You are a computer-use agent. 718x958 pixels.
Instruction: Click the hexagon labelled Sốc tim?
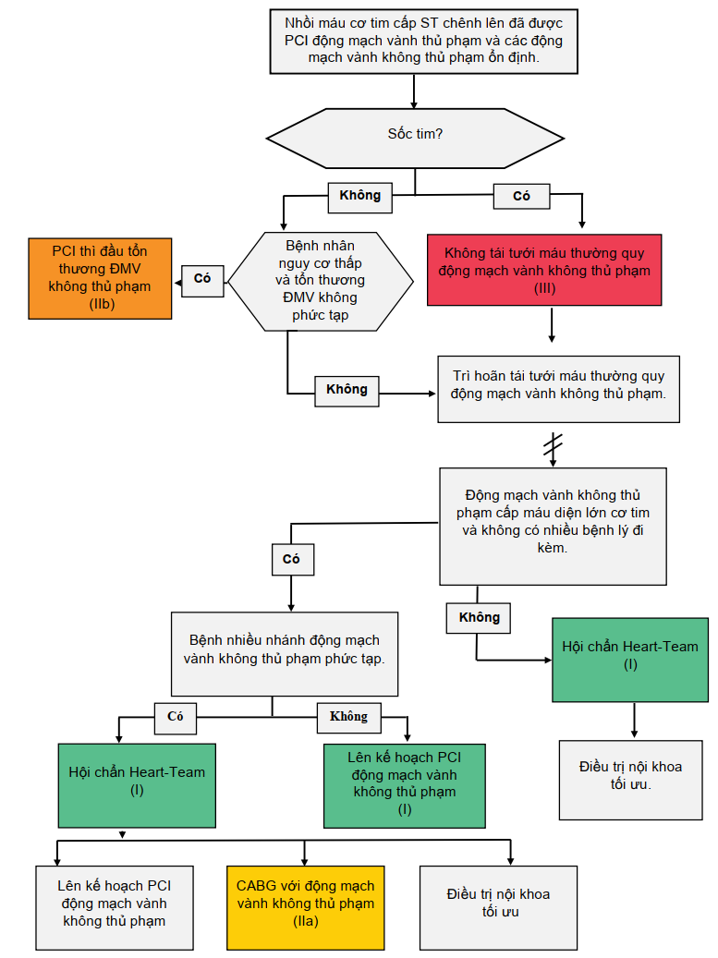pos(415,134)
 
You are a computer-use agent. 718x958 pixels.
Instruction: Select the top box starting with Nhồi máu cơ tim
pos(424,41)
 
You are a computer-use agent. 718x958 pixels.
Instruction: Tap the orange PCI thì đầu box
pos(99,277)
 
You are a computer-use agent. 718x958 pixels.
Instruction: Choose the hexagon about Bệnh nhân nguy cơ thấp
pos(321,281)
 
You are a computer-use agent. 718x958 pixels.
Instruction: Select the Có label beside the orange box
pos(202,279)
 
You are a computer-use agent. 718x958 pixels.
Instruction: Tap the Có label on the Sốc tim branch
pos(521,196)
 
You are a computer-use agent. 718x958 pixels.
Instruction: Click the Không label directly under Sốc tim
pos(359,195)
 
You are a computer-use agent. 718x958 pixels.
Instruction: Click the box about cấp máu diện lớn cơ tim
pos(553,525)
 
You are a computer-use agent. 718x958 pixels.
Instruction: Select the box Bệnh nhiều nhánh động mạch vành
pos(285,652)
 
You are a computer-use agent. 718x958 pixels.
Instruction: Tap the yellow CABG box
pos(305,906)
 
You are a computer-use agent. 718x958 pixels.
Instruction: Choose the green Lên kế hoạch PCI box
pos(405,784)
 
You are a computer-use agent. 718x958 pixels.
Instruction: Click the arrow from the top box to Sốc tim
pos(414,91)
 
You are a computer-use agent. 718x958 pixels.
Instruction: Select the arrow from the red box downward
pos(552,324)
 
